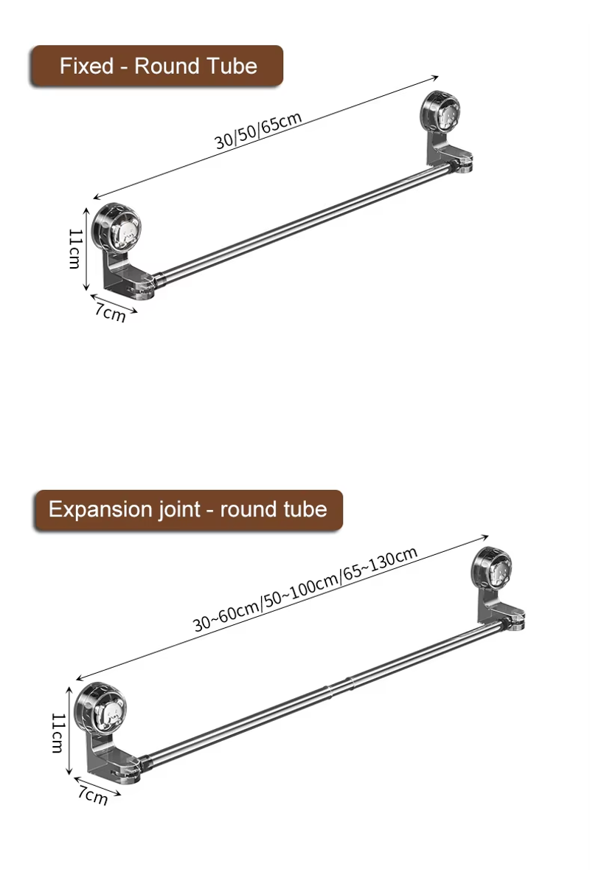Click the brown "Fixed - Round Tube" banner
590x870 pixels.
click(x=157, y=66)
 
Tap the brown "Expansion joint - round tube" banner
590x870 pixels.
click(x=188, y=510)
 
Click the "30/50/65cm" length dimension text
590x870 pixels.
click(x=258, y=131)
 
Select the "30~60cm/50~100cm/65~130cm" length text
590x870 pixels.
click(x=305, y=590)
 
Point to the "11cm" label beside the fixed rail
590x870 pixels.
click(x=75, y=249)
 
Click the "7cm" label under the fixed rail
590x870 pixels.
click(x=111, y=312)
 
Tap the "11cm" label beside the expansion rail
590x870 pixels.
click(x=58, y=733)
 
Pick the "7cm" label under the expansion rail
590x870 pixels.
click(x=93, y=795)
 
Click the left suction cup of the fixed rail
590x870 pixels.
click(x=117, y=227)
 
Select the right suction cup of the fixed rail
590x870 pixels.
click(x=440, y=112)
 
